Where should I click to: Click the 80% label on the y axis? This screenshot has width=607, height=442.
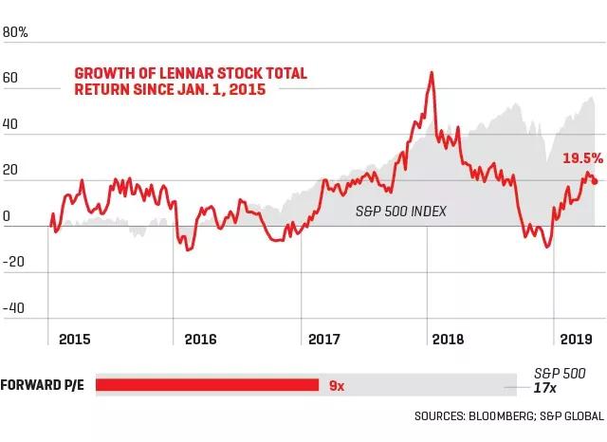(16, 31)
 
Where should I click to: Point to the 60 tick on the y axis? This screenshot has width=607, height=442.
(12, 92)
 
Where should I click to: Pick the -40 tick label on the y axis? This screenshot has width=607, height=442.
(14, 309)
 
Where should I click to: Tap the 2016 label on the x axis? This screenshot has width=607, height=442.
(200, 338)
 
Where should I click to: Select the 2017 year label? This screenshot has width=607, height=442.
(324, 338)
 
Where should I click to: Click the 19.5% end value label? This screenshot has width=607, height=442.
(583, 158)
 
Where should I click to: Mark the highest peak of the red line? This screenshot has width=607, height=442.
(432, 72)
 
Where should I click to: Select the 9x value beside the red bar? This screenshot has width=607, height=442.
(337, 385)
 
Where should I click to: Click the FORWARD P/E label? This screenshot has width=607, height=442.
(43, 385)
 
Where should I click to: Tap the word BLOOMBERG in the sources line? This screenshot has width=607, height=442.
(499, 415)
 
